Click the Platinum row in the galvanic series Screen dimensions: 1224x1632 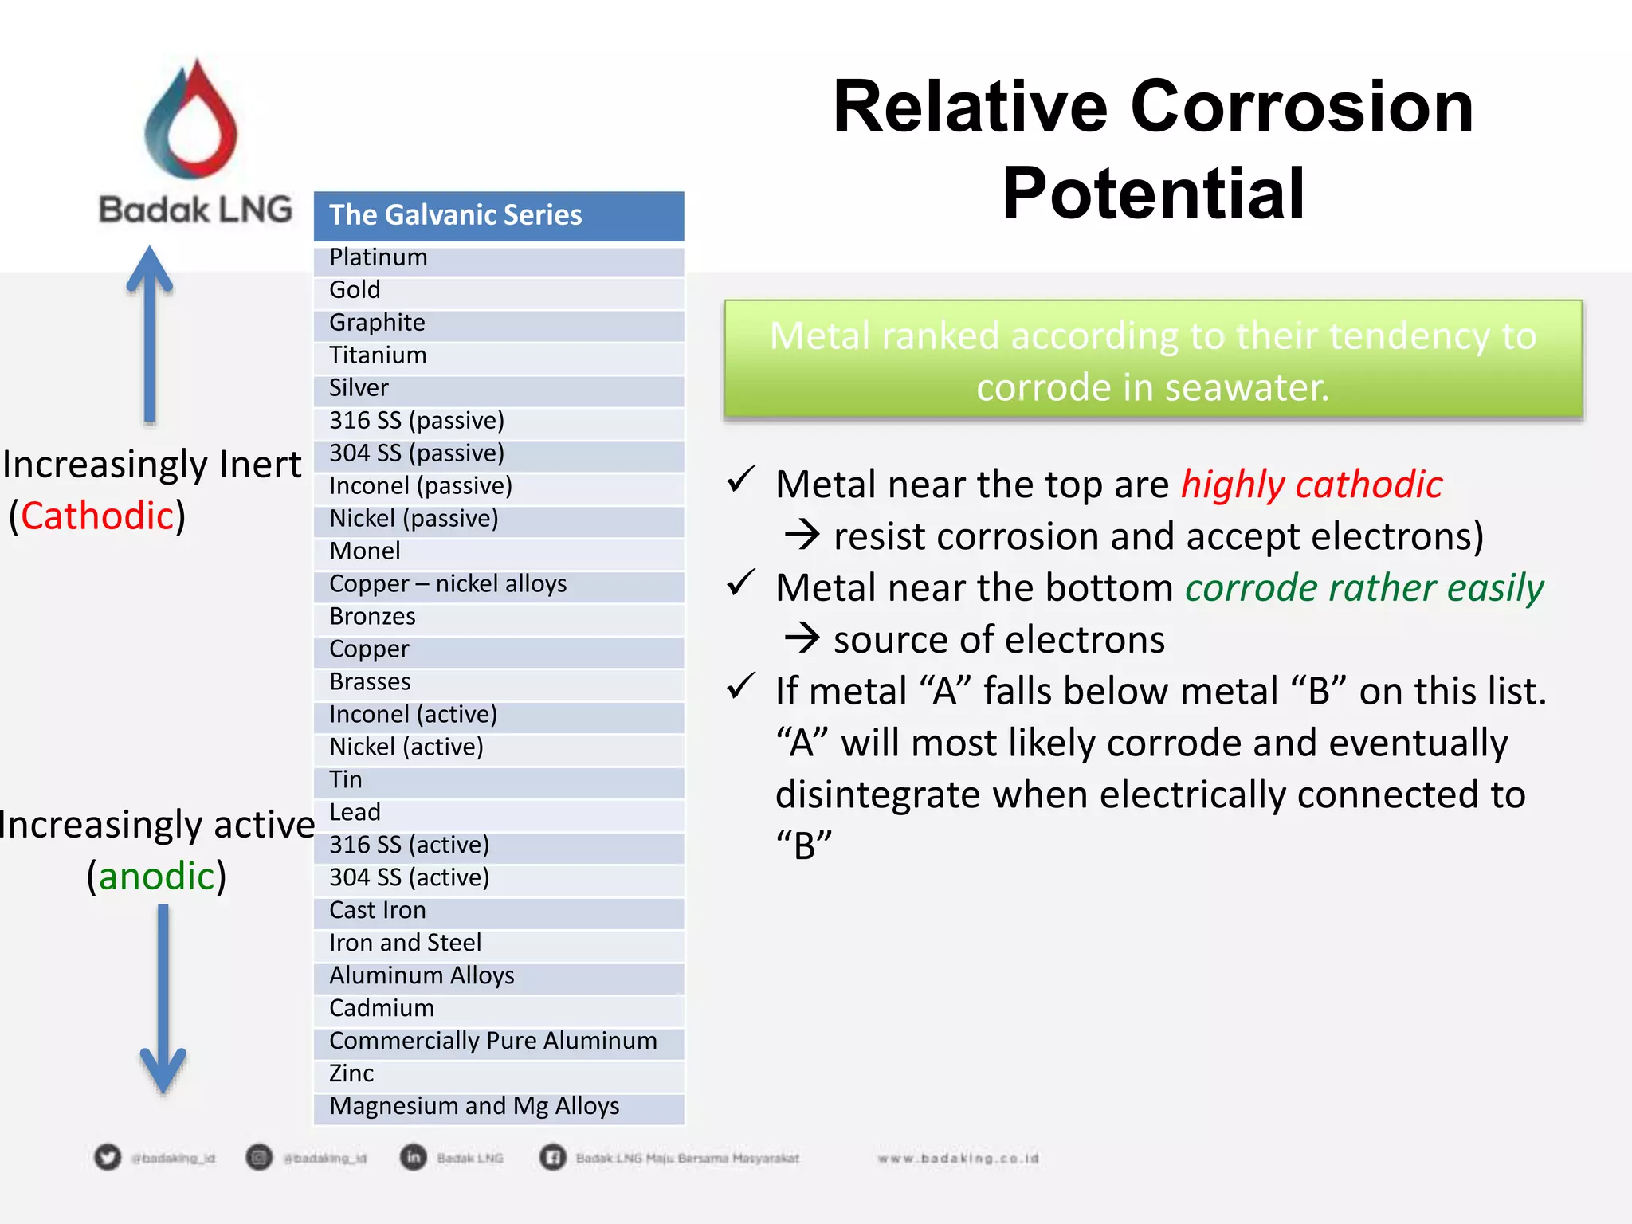click(499, 258)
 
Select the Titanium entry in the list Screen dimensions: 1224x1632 click(499, 355)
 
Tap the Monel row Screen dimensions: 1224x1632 click(499, 551)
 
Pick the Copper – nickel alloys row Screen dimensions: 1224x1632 click(499, 584)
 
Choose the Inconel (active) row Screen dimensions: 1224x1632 click(499, 715)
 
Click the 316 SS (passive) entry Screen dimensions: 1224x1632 click(499, 421)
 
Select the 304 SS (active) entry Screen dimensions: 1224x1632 click(499, 878)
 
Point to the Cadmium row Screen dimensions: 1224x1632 click(499, 1009)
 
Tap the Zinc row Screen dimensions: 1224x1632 click(499, 1074)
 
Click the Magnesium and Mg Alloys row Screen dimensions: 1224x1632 click(499, 1107)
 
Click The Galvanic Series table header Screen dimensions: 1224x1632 click(499, 215)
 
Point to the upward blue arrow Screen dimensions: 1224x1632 click(150, 335)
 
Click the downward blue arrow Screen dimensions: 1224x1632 click(163, 1000)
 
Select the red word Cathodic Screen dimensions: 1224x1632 click(97, 516)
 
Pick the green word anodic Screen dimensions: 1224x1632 click(157, 877)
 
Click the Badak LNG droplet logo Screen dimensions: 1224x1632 click(192, 120)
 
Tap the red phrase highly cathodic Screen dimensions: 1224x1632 click(1311, 484)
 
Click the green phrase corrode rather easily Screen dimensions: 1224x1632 click(1363, 588)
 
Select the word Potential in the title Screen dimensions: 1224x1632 click(1153, 194)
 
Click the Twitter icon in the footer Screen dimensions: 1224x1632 click(108, 1157)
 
